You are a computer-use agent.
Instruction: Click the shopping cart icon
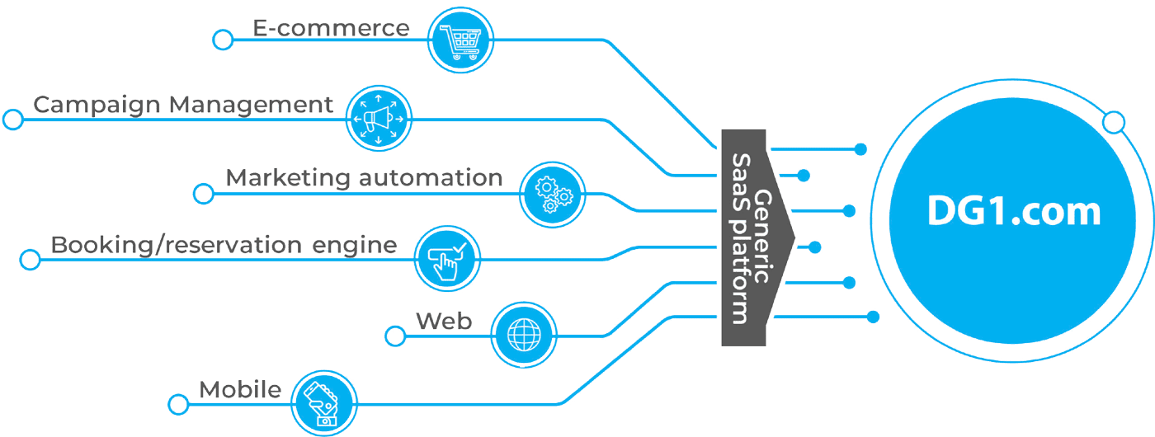(460, 40)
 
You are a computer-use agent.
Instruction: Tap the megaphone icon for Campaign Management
(379, 119)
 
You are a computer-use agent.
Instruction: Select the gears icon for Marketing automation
(552, 195)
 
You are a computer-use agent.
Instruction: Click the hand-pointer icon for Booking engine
(447, 259)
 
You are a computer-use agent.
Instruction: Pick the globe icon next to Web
(524, 335)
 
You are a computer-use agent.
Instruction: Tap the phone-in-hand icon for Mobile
(323, 403)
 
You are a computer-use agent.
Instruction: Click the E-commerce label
(331, 28)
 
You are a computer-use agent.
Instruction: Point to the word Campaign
(97, 106)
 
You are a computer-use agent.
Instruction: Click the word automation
(431, 178)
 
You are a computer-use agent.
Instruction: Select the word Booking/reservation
(177, 246)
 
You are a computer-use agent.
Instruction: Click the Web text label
(444, 321)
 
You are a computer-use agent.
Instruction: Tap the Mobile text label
(240, 389)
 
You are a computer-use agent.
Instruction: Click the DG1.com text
(1014, 211)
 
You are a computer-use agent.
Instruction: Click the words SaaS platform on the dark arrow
(740, 238)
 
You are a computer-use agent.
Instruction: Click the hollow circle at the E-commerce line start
(223, 40)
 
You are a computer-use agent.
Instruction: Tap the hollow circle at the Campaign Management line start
(13, 120)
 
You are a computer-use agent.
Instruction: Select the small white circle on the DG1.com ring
(1114, 123)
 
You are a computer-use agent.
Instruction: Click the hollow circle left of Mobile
(178, 405)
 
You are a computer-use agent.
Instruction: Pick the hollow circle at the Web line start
(395, 336)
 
